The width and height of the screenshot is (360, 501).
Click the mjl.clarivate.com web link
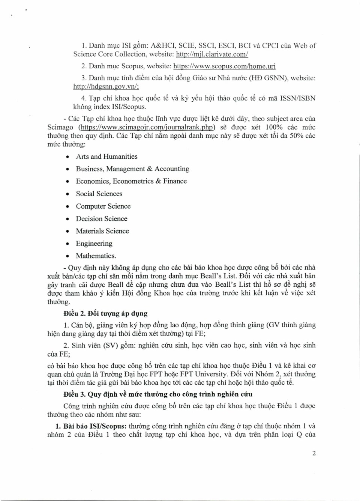pos(212,54)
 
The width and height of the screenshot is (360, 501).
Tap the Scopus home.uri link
pos(224,66)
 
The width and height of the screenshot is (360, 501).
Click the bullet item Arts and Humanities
pos(106,156)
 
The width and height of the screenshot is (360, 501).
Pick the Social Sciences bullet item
pos(99,194)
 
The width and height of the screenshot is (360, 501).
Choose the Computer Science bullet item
pos(103,206)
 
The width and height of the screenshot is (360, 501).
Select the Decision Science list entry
pos(102,218)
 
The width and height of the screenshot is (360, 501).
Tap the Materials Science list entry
pos(102,231)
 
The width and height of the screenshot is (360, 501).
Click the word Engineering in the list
pos(94,244)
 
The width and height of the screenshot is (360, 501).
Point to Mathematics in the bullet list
pos(96,256)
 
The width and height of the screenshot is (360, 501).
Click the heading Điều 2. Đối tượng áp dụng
pos(105,313)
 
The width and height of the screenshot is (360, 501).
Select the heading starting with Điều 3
pos(157,394)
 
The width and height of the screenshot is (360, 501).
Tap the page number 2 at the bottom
pos(314,453)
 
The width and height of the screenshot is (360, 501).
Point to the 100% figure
pos(274,127)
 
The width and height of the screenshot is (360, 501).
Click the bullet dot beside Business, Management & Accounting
pos(67,169)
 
